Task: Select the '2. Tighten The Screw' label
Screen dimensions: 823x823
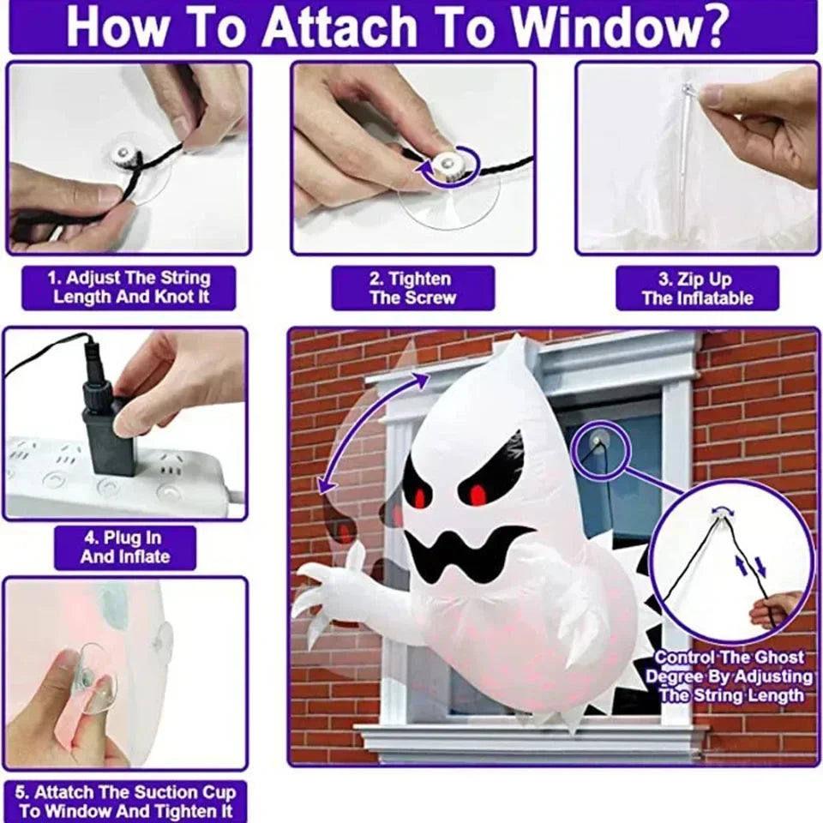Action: click(413, 288)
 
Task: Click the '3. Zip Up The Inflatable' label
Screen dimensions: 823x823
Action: click(697, 288)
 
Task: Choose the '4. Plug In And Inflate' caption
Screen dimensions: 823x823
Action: click(125, 548)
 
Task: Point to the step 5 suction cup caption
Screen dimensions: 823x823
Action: click(125, 801)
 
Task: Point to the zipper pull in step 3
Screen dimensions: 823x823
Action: click(688, 92)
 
